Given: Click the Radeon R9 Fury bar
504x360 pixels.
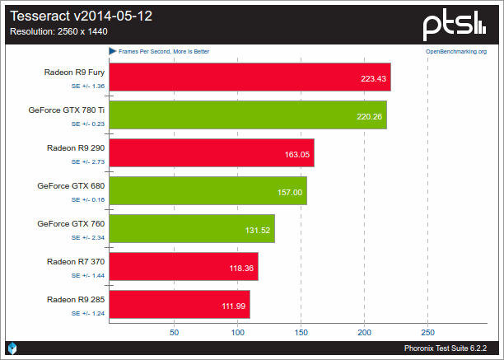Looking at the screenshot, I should tap(249, 77).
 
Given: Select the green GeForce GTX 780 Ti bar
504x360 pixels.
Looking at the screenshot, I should tap(247, 115).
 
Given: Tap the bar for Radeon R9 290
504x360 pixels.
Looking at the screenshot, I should tap(211, 153).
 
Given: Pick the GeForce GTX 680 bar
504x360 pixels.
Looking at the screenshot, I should tap(208, 191).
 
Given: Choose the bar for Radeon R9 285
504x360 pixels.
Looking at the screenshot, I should tap(179, 305).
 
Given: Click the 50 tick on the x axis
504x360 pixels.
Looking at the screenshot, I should tap(174, 333).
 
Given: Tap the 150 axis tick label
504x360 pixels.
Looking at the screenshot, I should tap(301, 333).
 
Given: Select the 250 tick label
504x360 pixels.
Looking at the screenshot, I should tap(427, 333).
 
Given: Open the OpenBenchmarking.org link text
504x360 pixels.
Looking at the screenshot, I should tap(455, 51).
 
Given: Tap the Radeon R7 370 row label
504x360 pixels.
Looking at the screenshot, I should tap(75, 261).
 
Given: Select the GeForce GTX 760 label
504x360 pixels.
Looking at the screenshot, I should tap(70, 223).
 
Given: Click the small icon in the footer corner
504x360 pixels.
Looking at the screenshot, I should tap(12, 348).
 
